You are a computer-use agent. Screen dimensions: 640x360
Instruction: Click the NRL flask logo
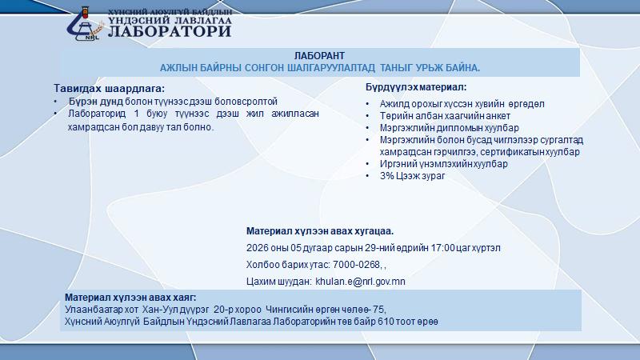85,24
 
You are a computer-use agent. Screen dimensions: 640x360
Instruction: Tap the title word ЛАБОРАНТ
319,55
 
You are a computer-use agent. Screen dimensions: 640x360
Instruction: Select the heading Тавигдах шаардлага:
109,88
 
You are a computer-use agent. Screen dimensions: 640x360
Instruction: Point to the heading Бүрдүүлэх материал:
416,87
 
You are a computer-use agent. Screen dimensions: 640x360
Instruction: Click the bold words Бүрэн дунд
95,102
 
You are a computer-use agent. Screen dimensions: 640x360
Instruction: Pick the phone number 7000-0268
356,265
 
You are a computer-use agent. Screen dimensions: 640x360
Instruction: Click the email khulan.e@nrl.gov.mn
361,282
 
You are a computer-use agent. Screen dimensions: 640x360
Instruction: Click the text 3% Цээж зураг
412,176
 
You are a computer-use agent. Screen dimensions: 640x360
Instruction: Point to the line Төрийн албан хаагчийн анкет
445,116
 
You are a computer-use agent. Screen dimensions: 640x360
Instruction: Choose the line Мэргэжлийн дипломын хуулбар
449,128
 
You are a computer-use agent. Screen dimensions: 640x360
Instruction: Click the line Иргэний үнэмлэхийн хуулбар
444,164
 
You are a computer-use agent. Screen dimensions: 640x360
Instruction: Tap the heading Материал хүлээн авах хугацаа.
320,231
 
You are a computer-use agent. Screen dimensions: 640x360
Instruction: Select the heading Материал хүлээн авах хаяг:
130,298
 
